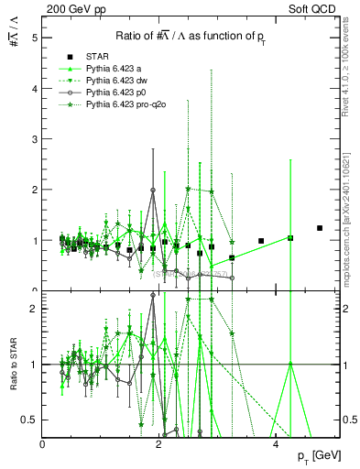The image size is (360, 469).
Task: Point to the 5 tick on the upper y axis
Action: pos(34,38)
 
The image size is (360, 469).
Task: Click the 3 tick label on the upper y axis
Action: pos(34,139)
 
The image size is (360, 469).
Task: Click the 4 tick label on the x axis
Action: pos(276,443)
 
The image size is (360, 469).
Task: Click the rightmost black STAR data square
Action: pos(320,228)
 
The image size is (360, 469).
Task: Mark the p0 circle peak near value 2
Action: pos(153,190)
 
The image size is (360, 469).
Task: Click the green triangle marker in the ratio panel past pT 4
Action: pos(290,364)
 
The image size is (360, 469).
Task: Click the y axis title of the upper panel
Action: pos(14,38)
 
